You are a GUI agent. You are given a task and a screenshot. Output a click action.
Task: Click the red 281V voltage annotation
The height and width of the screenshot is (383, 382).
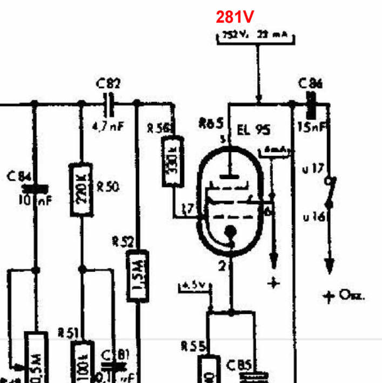click(x=236, y=17)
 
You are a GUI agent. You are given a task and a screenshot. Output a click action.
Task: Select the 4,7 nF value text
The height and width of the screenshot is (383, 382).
click(x=109, y=127)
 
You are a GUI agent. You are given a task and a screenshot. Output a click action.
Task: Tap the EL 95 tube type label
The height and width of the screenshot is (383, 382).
click(x=253, y=130)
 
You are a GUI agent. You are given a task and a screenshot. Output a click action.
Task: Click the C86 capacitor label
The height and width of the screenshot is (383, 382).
click(x=311, y=83)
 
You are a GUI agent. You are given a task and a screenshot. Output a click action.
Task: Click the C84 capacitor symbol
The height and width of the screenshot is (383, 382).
click(x=36, y=189)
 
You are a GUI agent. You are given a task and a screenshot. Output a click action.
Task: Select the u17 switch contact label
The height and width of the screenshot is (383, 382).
click(x=312, y=169)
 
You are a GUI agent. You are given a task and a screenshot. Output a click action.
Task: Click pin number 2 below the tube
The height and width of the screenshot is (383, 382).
click(x=222, y=265)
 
